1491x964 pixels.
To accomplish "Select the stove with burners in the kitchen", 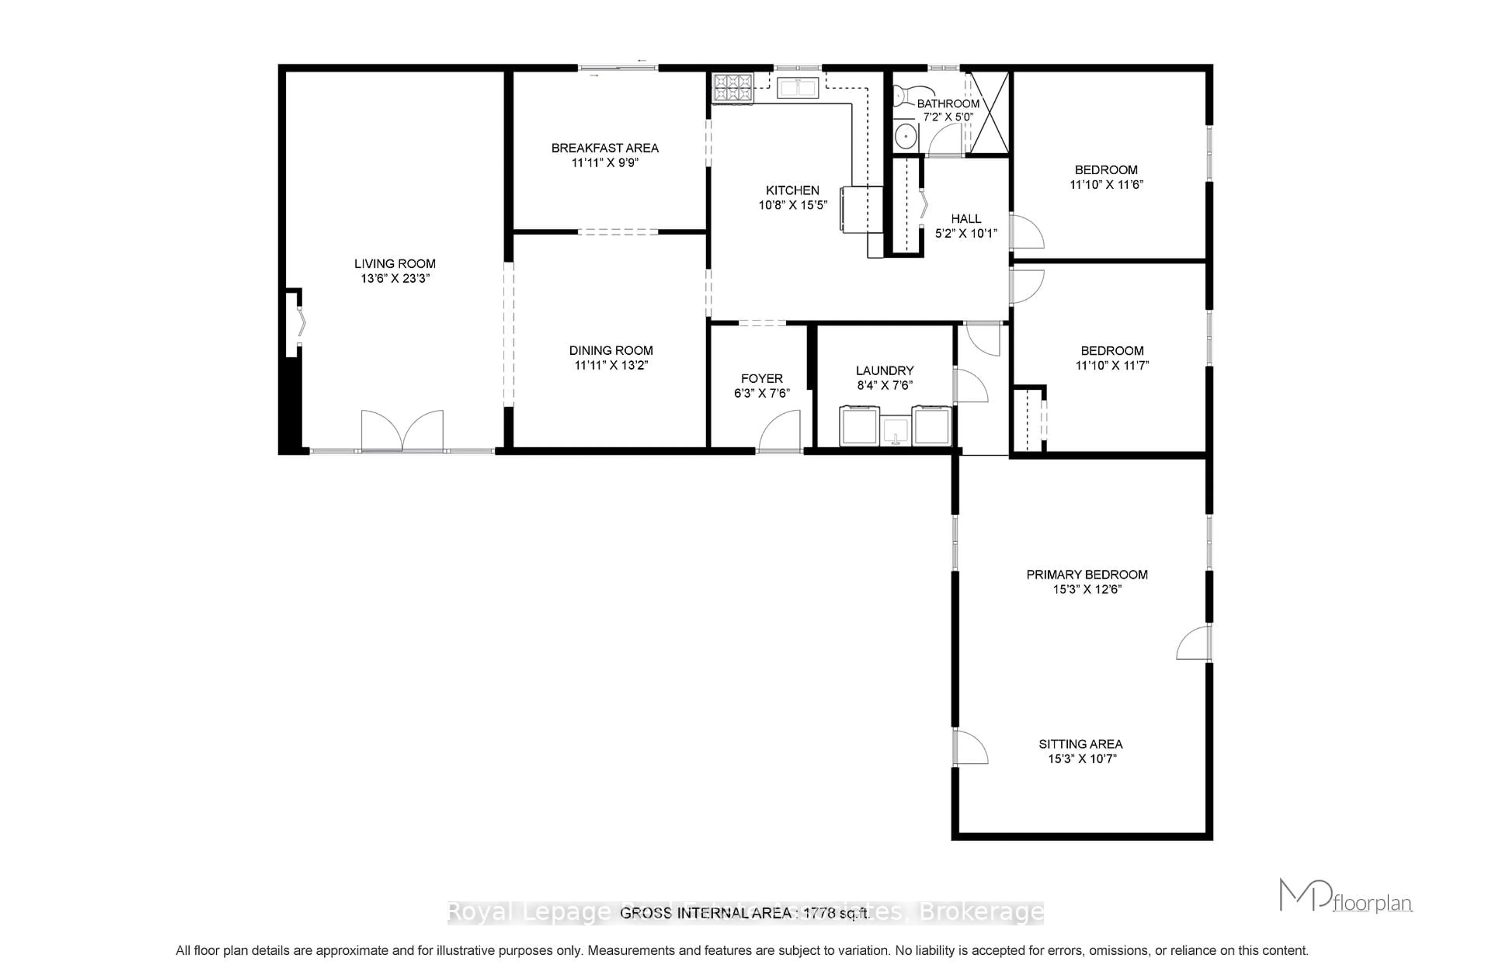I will pyautogui.click(x=733, y=88).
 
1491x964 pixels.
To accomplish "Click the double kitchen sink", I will pyautogui.click(x=797, y=88).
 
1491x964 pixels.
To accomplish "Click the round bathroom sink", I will pyautogui.click(x=905, y=135).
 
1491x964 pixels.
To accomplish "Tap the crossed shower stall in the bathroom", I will pyautogui.click(x=989, y=113).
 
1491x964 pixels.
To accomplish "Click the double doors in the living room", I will pyautogui.click(x=402, y=431).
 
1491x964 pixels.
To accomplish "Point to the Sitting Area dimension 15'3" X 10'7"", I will pyautogui.click(x=1082, y=759).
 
